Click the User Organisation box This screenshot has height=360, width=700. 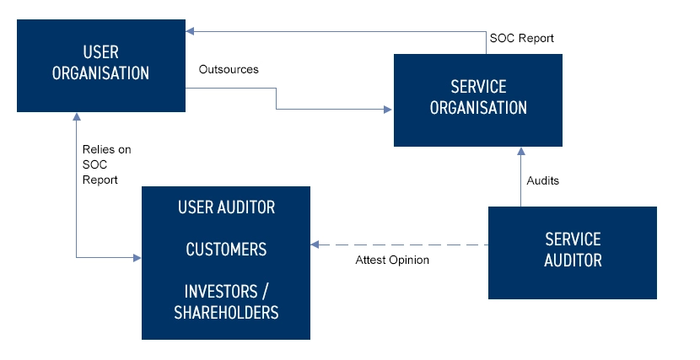pyautogui.click(x=101, y=66)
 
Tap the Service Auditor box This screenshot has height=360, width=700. pyautogui.click(x=573, y=252)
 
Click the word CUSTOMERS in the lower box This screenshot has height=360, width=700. pyautogui.click(x=226, y=250)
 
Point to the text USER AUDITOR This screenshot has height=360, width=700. pyautogui.click(x=226, y=207)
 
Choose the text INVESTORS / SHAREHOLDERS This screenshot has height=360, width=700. pyautogui.click(x=226, y=302)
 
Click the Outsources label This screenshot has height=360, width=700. pyautogui.click(x=228, y=69)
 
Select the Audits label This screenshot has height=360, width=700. pyautogui.click(x=542, y=180)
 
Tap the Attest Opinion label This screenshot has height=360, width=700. pyautogui.click(x=392, y=260)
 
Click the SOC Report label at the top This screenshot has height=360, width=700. pyautogui.click(x=521, y=39)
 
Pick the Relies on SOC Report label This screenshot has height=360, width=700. pyautogui.click(x=106, y=164)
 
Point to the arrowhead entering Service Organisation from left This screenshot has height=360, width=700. pyautogui.click(x=389, y=110)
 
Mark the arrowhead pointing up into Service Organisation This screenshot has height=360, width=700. pyautogui.click(x=520, y=151)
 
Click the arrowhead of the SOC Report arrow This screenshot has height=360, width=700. pyautogui.click(x=191, y=31)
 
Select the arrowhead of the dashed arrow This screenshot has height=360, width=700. pyautogui.click(x=315, y=245)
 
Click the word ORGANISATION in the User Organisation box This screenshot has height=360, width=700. pyautogui.click(x=101, y=73)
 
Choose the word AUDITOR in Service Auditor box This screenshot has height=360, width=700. pyautogui.click(x=573, y=261)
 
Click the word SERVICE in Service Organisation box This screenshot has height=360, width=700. pyautogui.click(x=478, y=88)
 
